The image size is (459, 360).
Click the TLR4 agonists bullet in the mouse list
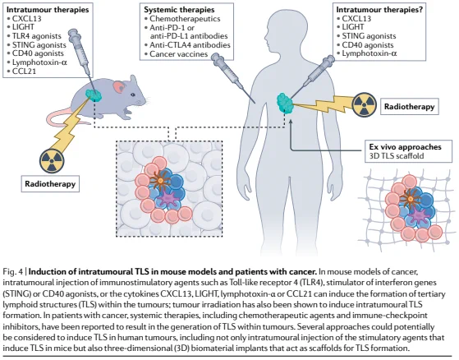pos(34,36)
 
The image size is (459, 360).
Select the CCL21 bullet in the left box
pos(21,72)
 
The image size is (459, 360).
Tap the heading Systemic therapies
pos(179,10)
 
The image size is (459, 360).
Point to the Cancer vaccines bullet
pos(176,54)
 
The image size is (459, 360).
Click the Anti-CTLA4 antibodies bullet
pos(187,45)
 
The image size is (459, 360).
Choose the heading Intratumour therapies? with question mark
pos(379,10)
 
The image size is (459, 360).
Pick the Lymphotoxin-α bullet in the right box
pos(366,53)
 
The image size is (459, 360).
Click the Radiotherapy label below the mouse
pos(50,184)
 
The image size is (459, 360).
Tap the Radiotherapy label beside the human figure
pos(409,106)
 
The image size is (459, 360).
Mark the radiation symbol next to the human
pos(364,104)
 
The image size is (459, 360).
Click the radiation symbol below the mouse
pos(52,160)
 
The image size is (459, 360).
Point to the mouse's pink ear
pos(120,86)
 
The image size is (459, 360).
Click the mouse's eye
pos(133,95)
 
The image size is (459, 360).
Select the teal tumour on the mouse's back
pos(94,95)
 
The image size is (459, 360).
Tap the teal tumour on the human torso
pos(285,103)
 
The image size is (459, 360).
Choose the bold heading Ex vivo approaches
pos(405,147)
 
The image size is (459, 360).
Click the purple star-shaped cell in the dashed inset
pos(168,197)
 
